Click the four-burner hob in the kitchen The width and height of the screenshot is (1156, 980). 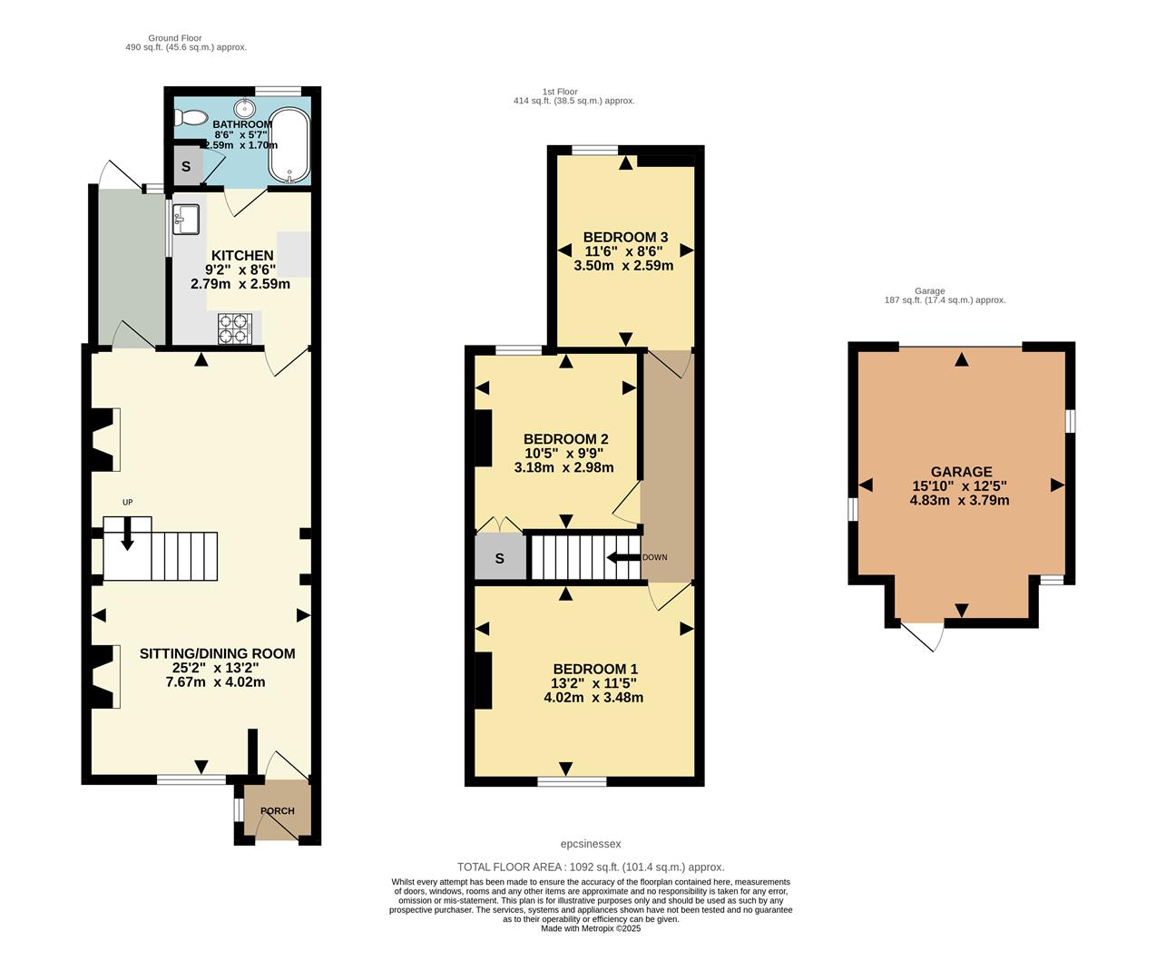coord(234,328)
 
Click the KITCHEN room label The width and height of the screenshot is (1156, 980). coord(242,256)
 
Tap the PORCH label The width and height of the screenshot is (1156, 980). coord(278,811)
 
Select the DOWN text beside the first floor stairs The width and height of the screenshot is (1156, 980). coord(654,557)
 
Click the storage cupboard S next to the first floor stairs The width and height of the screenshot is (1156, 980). coord(500,558)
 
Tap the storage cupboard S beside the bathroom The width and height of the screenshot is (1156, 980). coord(187,167)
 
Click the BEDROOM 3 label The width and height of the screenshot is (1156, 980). coord(625,237)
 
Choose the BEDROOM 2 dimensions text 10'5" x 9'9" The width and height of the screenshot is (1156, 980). coord(563,454)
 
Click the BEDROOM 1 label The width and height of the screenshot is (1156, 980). coord(595,670)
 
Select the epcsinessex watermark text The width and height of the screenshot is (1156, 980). coord(591,844)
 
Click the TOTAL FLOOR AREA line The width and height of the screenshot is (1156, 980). coord(591,867)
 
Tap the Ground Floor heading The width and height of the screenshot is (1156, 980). coord(175,38)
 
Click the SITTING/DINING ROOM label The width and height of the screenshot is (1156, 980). coord(217,653)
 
